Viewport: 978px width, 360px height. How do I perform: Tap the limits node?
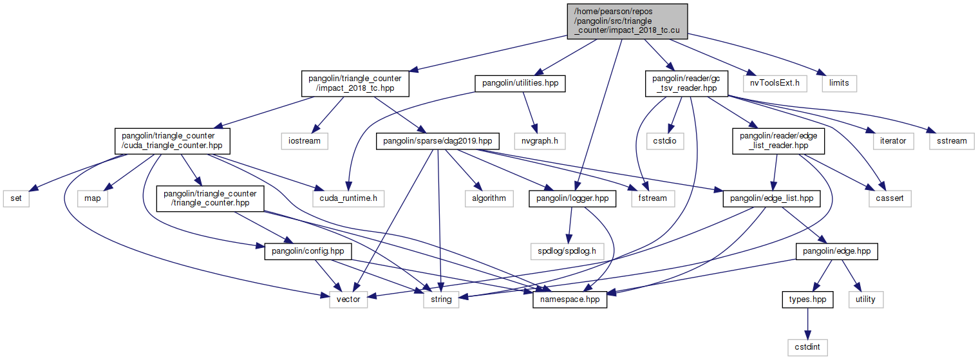[838, 82]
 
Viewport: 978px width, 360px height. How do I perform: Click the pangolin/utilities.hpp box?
[520, 82]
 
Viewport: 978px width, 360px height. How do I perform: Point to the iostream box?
[303, 140]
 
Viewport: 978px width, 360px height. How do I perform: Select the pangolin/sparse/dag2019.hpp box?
[436, 140]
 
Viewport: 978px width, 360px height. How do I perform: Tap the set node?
[16, 198]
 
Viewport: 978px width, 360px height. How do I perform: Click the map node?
[92, 198]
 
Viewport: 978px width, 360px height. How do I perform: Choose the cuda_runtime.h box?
[349, 198]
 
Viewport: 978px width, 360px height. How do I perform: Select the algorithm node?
[489, 198]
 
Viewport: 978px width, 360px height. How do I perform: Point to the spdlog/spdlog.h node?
[567, 251]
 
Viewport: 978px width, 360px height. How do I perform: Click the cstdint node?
[807, 347]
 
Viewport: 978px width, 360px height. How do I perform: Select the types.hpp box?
[807, 299]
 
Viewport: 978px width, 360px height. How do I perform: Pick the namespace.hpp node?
[570, 299]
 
